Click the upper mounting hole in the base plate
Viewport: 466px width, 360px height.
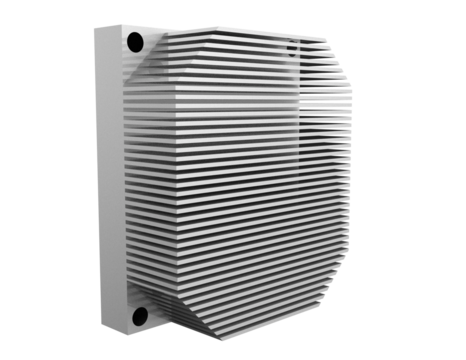(x=134, y=42)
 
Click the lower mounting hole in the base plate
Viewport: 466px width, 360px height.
(x=140, y=317)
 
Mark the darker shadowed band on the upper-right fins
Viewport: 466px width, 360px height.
(x=320, y=80)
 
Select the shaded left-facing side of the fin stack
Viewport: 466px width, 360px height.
(x=150, y=190)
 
